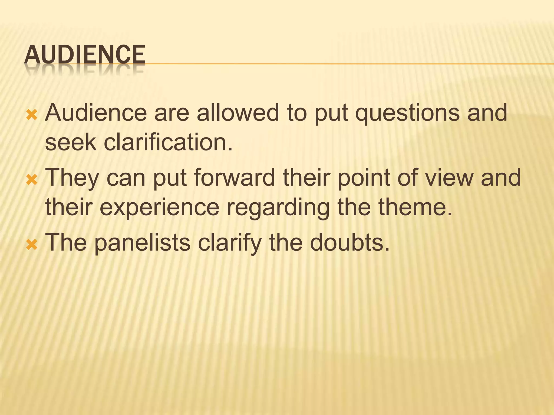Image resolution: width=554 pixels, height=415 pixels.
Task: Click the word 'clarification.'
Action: [168, 142]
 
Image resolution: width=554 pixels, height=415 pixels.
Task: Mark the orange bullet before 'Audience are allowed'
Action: [32, 115]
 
